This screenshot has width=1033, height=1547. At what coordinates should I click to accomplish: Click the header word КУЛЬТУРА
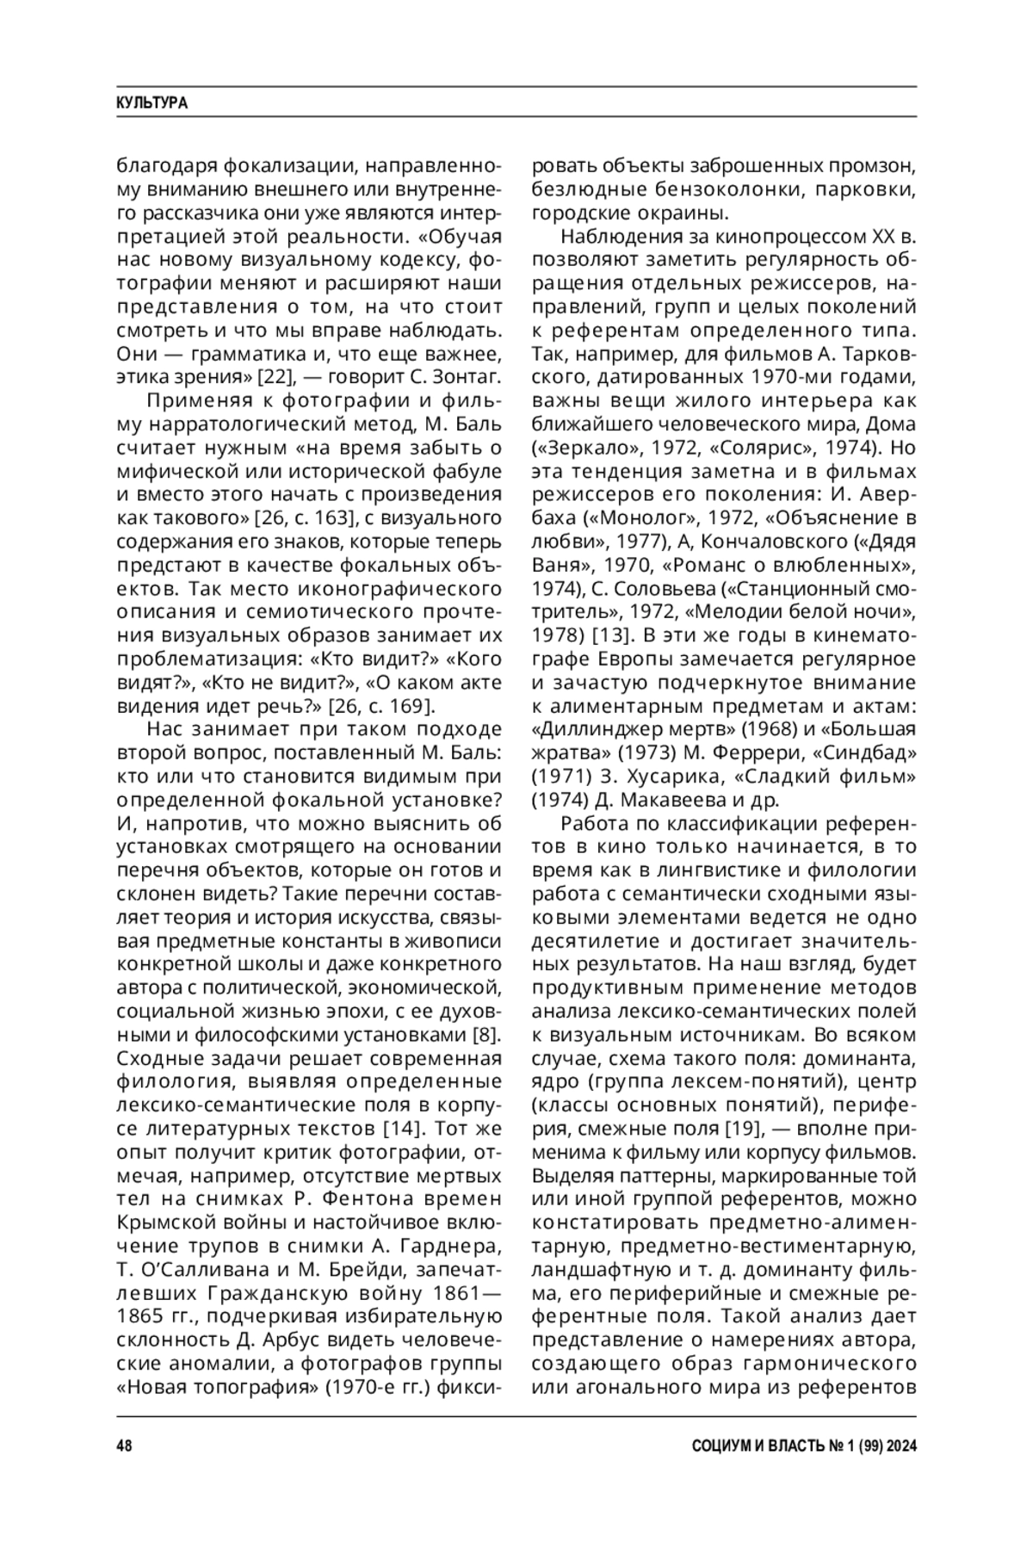[152, 103]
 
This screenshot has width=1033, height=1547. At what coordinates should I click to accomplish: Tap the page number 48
[125, 1446]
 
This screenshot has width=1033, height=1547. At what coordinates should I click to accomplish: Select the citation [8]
[488, 1034]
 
